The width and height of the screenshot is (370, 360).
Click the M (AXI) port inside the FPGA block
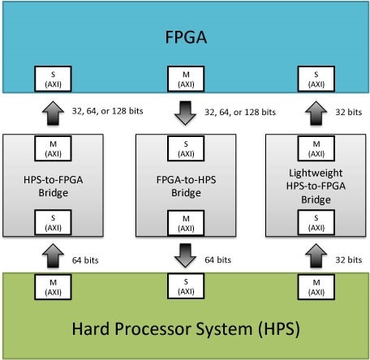[x=185, y=79]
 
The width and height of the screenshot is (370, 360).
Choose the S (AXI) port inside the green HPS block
[x=185, y=284]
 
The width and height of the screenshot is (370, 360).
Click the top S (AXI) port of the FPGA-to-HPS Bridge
[x=185, y=148]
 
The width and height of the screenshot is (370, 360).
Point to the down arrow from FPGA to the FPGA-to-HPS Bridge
[x=184, y=112]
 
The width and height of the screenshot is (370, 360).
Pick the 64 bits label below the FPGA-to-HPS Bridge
[x=217, y=260]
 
